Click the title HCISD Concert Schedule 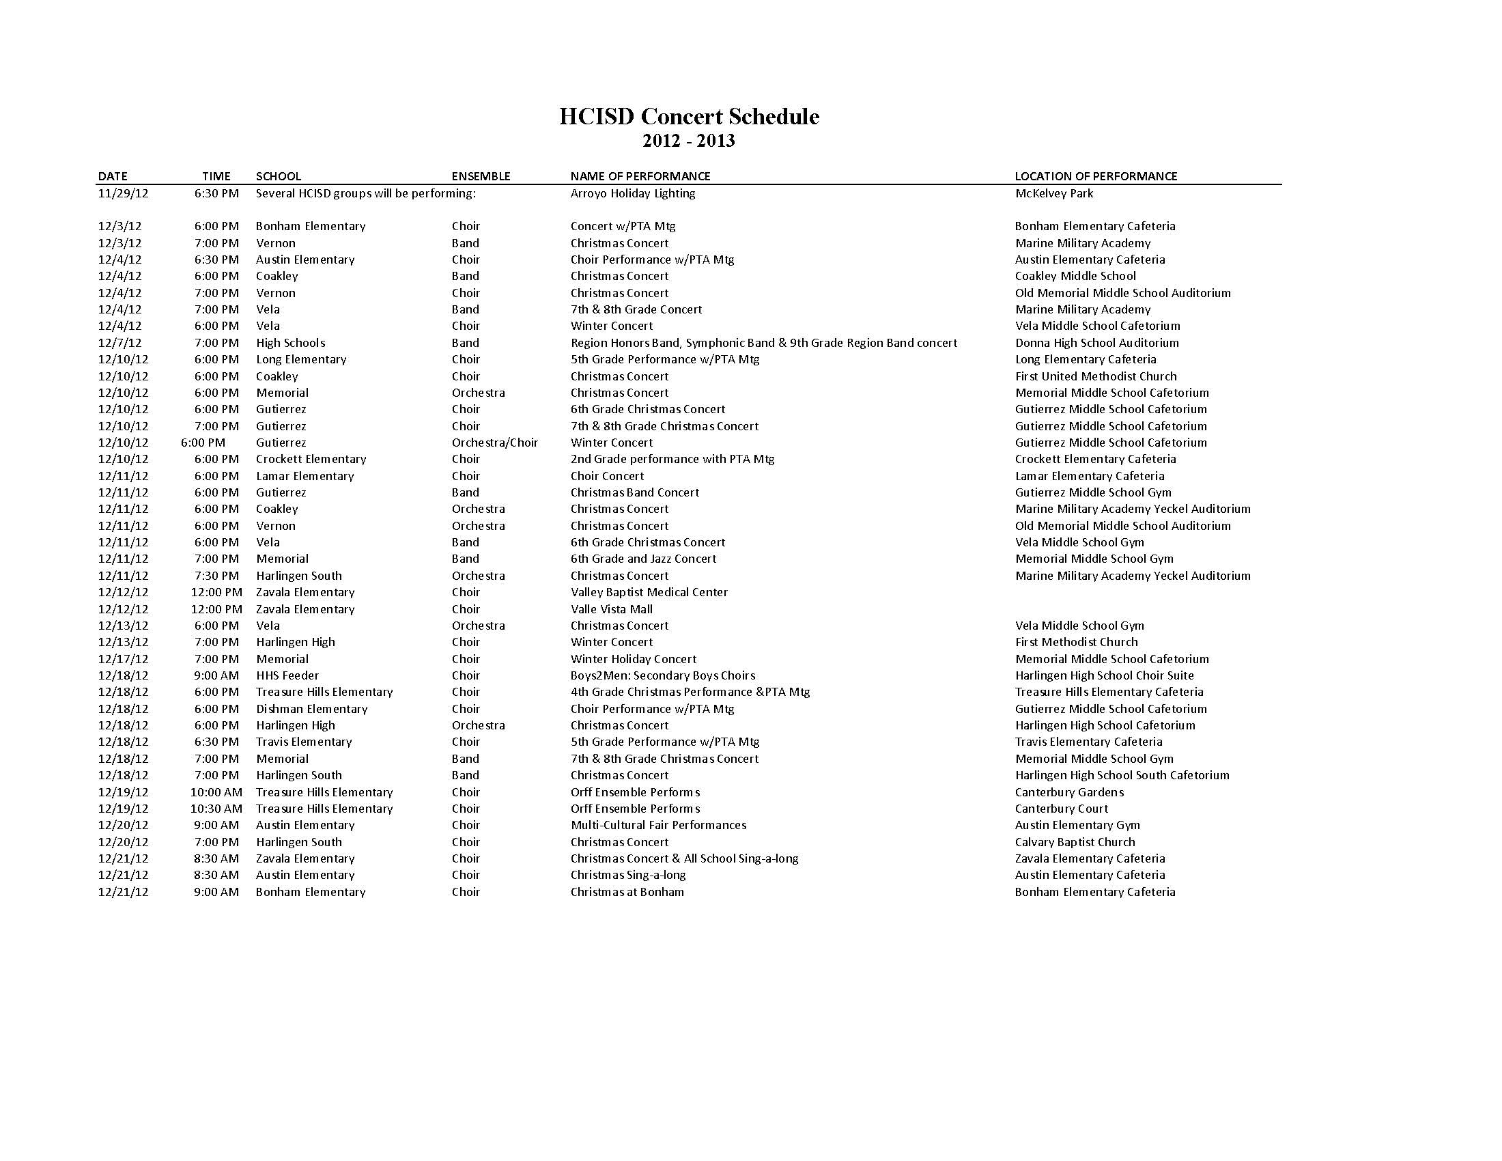coord(688,116)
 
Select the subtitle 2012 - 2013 coord(688,141)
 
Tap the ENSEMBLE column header coord(481,176)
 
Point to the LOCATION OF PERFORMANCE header coord(1096,176)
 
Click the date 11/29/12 coord(123,193)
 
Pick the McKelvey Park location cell coord(1053,193)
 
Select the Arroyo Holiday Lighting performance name coord(633,193)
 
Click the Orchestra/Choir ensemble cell coord(494,443)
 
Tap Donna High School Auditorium coord(1096,343)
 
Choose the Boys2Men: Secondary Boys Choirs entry coord(662,675)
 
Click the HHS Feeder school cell coord(287,675)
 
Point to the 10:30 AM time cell coord(216,809)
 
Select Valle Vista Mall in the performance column coord(612,609)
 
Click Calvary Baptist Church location coord(1074,842)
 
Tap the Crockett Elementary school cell coord(311,459)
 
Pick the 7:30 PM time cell coord(216,576)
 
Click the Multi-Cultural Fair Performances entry coord(658,826)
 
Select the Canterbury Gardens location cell coord(1068,792)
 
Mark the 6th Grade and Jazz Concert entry coord(643,559)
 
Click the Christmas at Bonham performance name coord(627,892)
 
